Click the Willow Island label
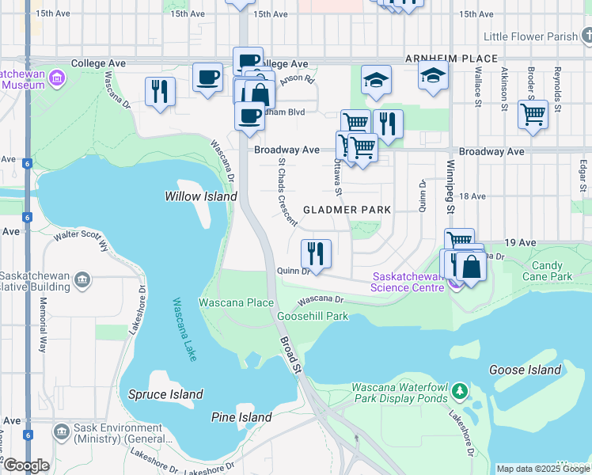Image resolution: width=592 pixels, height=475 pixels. click(x=200, y=196)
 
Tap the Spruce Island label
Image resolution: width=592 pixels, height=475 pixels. click(x=165, y=394)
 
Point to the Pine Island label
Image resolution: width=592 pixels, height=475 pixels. click(x=241, y=417)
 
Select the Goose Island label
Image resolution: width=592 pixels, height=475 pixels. click(x=525, y=370)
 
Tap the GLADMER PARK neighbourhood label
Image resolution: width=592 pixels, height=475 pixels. click(x=347, y=210)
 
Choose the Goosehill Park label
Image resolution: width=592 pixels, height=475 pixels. click(x=313, y=316)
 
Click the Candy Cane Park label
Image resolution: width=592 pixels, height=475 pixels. click(x=552, y=272)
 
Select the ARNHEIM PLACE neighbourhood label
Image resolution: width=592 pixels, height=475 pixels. click(x=451, y=59)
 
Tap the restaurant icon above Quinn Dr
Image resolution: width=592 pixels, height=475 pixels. click(x=316, y=254)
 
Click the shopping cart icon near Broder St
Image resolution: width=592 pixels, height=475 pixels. click(x=533, y=114)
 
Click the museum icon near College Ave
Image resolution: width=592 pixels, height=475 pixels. click(x=56, y=78)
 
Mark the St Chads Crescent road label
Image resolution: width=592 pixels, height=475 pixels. click(x=287, y=192)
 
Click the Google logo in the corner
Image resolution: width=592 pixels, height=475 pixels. click(x=25, y=465)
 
